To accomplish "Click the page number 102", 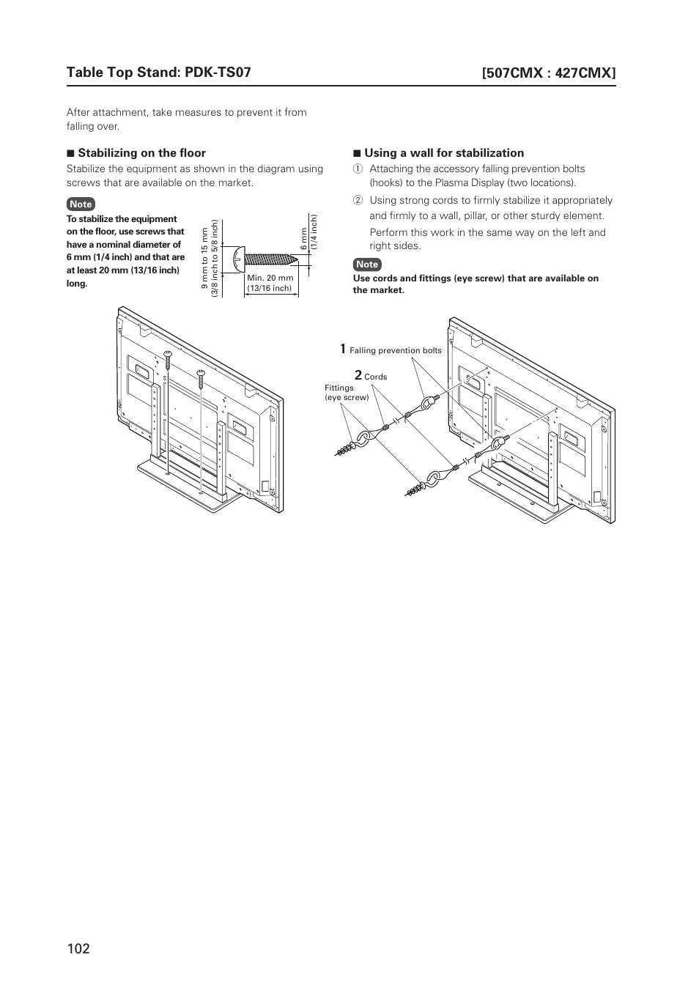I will [78, 948].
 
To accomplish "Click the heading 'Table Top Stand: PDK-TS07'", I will [158, 72].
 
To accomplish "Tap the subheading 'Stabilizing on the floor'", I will [141, 153].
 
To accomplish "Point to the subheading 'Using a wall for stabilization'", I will [444, 153].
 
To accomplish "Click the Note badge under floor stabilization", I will [81, 204].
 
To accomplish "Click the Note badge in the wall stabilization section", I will [367, 265].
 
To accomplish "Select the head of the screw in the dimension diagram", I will [237, 258].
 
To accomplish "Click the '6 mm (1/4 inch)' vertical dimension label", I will [308, 234].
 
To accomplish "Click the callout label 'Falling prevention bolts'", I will [396, 351].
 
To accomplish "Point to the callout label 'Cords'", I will [375, 377].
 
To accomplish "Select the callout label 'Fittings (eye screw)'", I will [347, 393].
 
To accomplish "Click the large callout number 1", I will [342, 349].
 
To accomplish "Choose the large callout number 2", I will [358, 376].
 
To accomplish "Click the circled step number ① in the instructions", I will [358, 169].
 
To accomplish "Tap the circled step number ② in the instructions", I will [358, 201].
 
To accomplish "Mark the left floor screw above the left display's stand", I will [168, 358].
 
